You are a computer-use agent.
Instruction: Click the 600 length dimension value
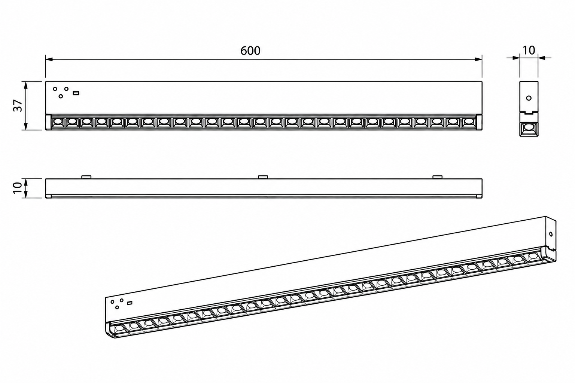click(x=250, y=51)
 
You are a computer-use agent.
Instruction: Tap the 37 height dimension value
click(x=18, y=105)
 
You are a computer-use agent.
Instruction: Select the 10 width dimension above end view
click(x=529, y=50)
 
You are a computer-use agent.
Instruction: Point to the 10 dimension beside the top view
click(x=18, y=188)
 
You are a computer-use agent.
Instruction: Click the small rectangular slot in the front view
click(x=76, y=93)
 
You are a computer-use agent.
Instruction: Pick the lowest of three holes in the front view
click(x=61, y=96)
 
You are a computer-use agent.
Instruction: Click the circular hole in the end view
click(x=529, y=98)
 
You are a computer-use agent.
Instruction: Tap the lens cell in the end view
click(x=529, y=127)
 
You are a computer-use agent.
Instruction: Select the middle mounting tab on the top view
click(x=263, y=177)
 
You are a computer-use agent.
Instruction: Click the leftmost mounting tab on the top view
click(x=86, y=177)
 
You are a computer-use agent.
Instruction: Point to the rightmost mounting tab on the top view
click(x=437, y=177)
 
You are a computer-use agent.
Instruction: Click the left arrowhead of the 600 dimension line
click(x=49, y=59)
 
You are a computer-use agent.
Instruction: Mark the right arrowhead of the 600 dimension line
click(x=478, y=59)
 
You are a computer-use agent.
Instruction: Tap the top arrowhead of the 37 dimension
click(x=25, y=85)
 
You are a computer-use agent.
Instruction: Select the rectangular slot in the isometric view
click(x=130, y=303)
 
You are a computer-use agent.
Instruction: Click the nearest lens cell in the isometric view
click(x=119, y=328)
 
